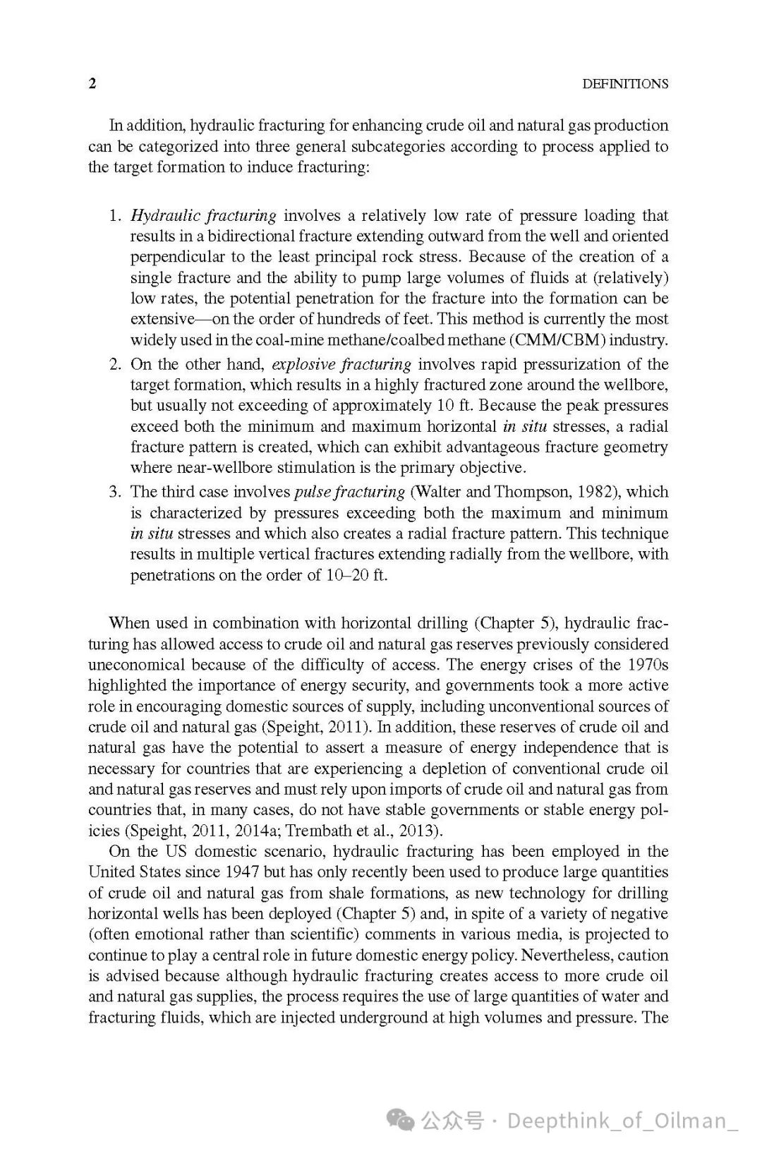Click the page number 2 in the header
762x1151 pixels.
[x=92, y=83]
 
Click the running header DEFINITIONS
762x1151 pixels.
[x=624, y=84]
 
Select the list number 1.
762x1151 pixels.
[x=115, y=215]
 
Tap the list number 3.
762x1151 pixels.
[x=115, y=492]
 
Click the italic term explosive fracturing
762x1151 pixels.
[x=341, y=364]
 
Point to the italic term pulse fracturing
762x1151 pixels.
[x=349, y=492]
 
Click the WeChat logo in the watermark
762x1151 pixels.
[x=401, y=1120]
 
